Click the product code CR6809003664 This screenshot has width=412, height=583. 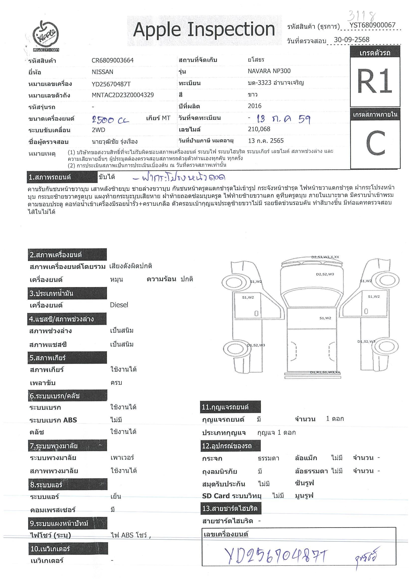[112, 61]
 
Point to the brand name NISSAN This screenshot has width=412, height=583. [102, 72]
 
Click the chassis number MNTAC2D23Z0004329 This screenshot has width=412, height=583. [123, 95]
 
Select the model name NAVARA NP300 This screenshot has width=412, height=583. [269, 71]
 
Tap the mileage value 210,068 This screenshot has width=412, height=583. [259, 129]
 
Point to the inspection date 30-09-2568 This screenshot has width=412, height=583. [351, 40]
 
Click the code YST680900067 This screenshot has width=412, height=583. [372, 25]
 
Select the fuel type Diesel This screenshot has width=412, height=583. [119, 305]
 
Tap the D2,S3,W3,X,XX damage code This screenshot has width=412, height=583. [325, 257]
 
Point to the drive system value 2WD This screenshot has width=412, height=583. [98, 130]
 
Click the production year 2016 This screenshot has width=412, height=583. [255, 106]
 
